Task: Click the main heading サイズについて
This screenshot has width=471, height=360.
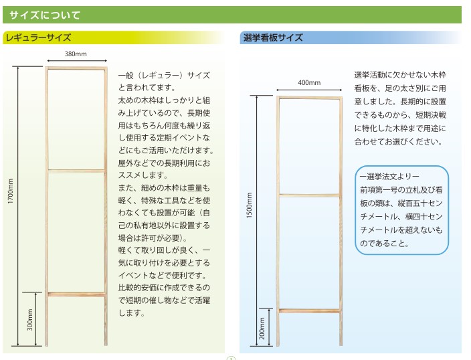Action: pyautogui.click(x=45, y=15)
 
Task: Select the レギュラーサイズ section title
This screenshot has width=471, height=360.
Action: pyautogui.click(x=38, y=37)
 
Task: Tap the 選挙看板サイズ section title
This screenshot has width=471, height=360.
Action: pyautogui.click(x=273, y=37)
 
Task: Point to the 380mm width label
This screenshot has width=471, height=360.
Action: pyautogui.click(x=76, y=54)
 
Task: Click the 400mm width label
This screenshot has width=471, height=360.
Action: pyautogui.click(x=309, y=82)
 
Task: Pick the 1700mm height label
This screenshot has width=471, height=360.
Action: pyautogui.click(x=11, y=191)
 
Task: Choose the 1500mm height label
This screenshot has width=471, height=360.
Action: pyautogui.click(x=250, y=205)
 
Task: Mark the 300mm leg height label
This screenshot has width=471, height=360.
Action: pyautogui.click(x=29, y=320)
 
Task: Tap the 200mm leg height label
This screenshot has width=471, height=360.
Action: pyautogui.click(x=262, y=329)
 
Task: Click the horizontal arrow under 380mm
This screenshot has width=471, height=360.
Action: pyautogui.click(x=77, y=61)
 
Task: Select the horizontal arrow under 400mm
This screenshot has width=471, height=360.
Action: pyautogui.click(x=309, y=90)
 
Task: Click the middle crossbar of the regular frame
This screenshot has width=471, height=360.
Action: pyautogui.click(x=76, y=171)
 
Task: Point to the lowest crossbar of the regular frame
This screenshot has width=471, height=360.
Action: pyautogui.click(x=76, y=294)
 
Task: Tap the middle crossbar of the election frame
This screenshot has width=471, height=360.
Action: pyautogui.click(x=309, y=195)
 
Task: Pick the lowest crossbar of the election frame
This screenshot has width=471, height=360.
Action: pyautogui.click(x=309, y=311)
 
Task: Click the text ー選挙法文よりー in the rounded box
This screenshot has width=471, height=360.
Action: pyautogui.click(x=389, y=177)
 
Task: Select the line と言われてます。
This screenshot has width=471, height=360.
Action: pyautogui.click(x=147, y=88)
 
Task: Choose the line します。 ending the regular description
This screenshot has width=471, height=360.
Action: pyautogui.click(x=132, y=312)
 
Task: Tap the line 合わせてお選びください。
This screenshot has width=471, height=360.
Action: pyautogui.click(x=398, y=142)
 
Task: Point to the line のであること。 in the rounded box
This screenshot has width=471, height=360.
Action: pyautogui.click(x=385, y=243)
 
